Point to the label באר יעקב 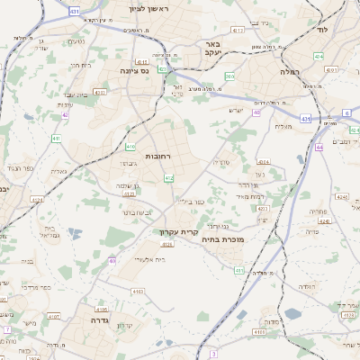[x=213, y=48]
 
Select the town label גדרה [x=93, y=319]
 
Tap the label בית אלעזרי [x=148, y=258]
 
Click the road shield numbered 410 [x=131, y=146]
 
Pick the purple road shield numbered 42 [x=65, y=114]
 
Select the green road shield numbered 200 [x=229, y=77]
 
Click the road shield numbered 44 [x=319, y=133]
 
